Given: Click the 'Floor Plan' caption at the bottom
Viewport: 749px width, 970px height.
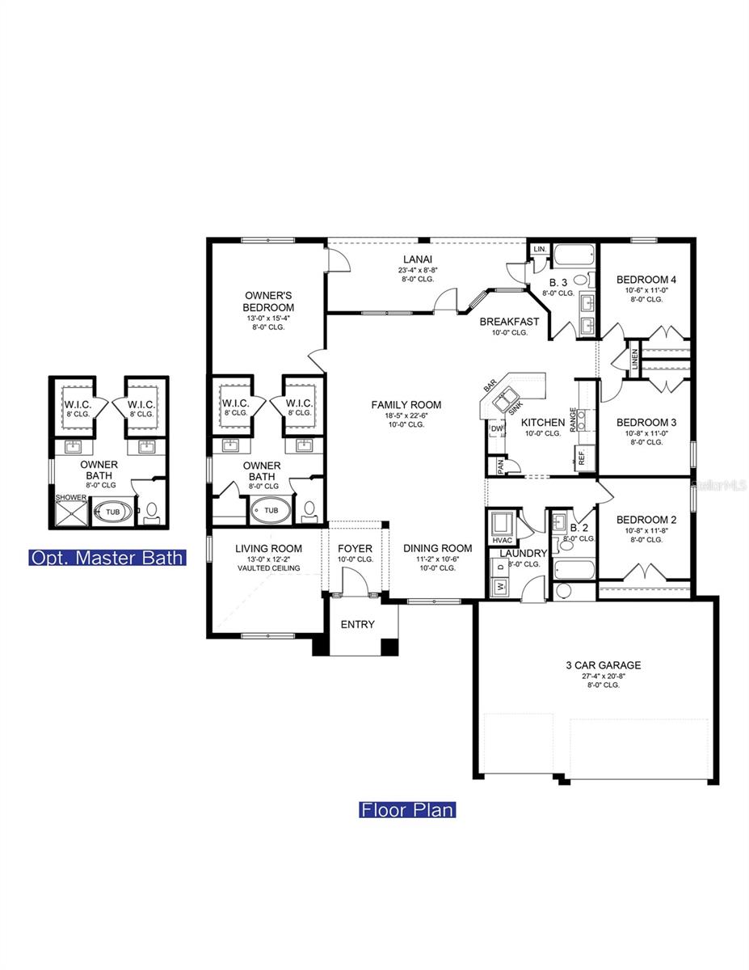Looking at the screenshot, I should click(407, 809).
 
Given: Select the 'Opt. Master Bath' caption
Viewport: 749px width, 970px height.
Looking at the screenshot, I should click(107, 557).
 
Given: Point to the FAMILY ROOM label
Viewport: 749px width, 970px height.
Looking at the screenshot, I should click(406, 405).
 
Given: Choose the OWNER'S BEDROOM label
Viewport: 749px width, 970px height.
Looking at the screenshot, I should click(268, 302).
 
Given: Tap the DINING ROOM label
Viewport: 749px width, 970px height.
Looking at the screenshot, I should click(437, 548).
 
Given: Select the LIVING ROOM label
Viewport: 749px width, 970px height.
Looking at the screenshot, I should click(268, 549).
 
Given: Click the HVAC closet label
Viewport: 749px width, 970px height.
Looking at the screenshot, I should click(502, 540).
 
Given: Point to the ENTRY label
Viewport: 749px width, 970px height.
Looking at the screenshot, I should click(358, 624).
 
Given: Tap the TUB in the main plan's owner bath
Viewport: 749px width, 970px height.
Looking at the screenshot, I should click(271, 510).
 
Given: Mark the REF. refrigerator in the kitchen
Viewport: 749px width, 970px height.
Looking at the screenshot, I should click(582, 458).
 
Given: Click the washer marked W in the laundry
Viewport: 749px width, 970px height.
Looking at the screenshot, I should click(499, 588).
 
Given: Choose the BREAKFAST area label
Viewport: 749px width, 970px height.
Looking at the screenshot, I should click(509, 321).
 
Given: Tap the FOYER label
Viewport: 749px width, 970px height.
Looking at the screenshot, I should click(355, 549).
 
